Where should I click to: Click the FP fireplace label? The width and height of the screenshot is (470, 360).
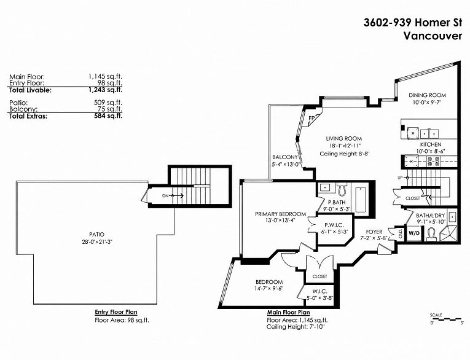(x=311, y=118)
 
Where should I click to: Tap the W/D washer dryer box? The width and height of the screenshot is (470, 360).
(x=413, y=233)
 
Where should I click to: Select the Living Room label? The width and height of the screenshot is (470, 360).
(x=344, y=138)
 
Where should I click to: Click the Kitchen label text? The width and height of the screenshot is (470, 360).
(x=431, y=144)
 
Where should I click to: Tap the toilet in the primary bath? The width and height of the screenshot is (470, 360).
(x=342, y=189)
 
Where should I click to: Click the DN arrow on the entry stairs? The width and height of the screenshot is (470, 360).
(x=178, y=196)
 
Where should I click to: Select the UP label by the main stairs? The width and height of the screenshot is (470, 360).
(x=400, y=178)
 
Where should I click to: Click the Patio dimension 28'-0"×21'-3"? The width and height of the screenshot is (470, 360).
(x=96, y=241)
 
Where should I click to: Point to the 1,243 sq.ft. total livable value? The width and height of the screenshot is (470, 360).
(x=105, y=90)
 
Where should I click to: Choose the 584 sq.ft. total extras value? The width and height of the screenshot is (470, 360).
(x=108, y=115)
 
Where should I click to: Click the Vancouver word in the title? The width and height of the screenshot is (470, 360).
(x=433, y=36)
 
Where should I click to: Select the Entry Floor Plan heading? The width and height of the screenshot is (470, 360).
(x=116, y=312)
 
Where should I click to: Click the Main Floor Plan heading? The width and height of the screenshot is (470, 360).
(x=289, y=312)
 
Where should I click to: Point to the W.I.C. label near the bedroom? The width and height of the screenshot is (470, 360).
(x=319, y=291)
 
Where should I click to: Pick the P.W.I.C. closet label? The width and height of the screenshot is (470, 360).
(x=334, y=225)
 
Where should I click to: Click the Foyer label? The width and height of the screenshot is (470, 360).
(x=374, y=232)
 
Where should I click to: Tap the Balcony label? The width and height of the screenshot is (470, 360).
(x=284, y=157)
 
